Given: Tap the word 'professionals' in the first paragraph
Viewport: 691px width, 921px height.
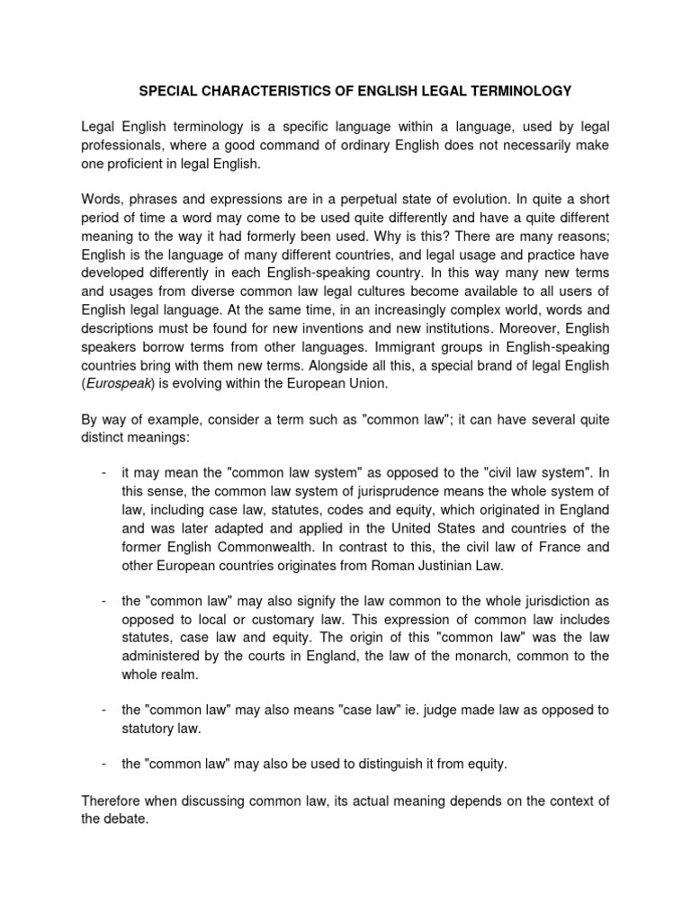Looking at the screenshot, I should click(x=122, y=146).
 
